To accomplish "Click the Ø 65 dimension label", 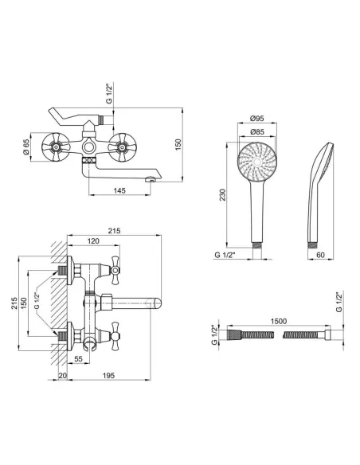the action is tap(25, 147).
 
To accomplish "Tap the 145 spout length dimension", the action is tap(119, 190).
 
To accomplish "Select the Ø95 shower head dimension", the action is tap(256, 119).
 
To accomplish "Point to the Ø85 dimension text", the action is tap(256, 131).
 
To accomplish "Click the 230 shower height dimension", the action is tap(222, 195).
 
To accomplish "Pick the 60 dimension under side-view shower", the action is tap(320, 255).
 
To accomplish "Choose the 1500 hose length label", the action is tap(279, 321).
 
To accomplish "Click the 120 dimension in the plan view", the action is tap(93, 241).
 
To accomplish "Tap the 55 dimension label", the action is tap(78, 359).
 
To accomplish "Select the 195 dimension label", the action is tap(108, 376).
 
